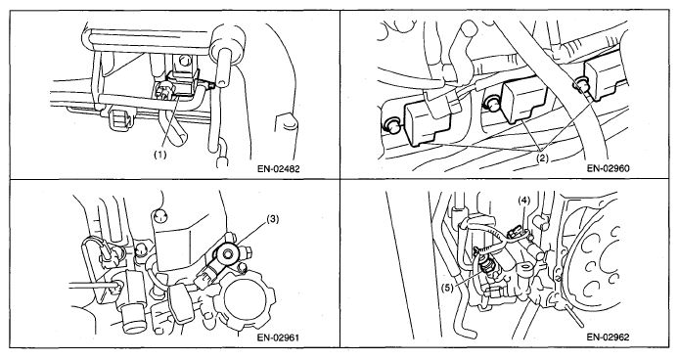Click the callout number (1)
tap(160, 156)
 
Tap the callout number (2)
tap(542, 158)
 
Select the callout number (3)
tap(272, 220)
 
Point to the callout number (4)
tap(524, 201)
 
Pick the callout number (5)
tap(448, 287)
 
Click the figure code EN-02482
tap(278, 168)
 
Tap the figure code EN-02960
tap(609, 168)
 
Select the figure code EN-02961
tap(278, 337)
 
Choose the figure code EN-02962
tap(609, 337)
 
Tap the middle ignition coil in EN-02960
tap(524, 103)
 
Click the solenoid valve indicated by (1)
tap(181, 86)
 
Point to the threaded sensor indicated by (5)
tap(487, 265)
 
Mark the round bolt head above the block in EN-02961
tap(159, 214)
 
